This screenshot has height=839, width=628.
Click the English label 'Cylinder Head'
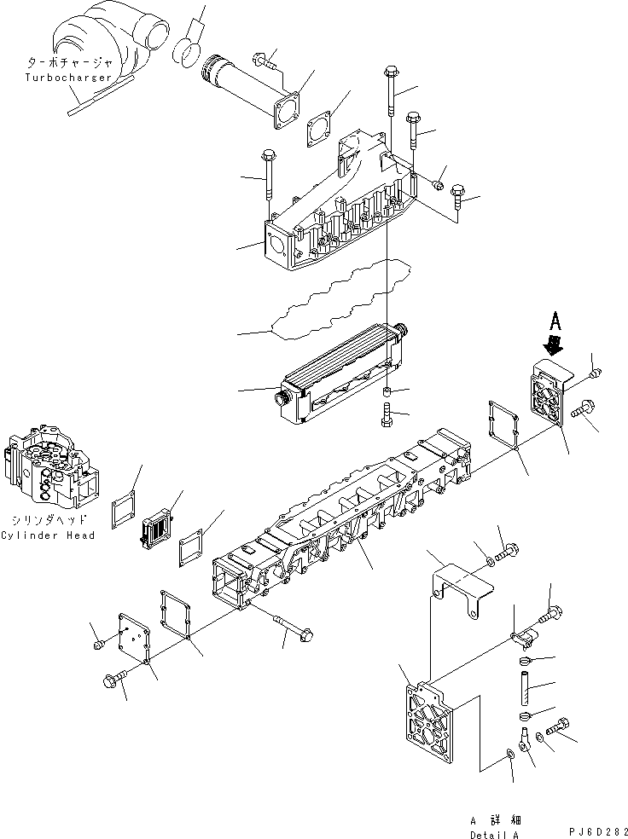48,535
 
